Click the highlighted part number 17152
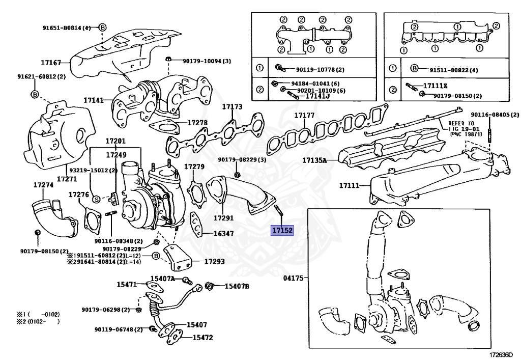(281, 231)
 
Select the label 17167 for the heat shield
(51, 63)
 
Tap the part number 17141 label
(94, 101)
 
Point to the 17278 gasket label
(197, 123)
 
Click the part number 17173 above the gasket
(232, 107)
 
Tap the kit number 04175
(293, 278)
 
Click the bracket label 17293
(214, 262)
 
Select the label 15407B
(237, 286)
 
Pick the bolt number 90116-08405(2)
(490, 115)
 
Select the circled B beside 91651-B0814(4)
(102, 27)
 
